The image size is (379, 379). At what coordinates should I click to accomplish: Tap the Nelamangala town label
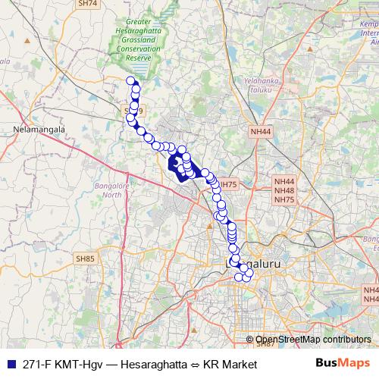[36, 130]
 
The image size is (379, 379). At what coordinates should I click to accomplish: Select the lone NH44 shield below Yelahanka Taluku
[260, 131]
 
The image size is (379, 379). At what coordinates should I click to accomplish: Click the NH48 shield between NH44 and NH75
[284, 190]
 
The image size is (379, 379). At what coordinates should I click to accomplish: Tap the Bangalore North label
[108, 189]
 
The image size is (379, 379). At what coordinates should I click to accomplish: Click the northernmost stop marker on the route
[130, 81]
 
